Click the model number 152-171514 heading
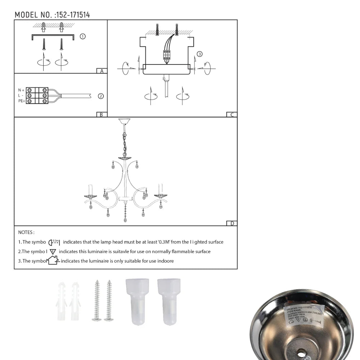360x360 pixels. coord(52,15)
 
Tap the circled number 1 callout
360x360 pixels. coord(82,36)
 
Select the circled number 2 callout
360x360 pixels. coord(101,96)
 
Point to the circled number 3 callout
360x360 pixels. coord(200,54)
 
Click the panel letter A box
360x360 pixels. coord(102,71)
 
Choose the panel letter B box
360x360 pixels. coord(102,115)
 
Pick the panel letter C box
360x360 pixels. coord(232,115)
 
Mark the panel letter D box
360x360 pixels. coord(232,224)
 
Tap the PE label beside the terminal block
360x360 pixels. coord(21,101)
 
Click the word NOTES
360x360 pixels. coord(26,233)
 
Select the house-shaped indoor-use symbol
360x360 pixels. coord(53,260)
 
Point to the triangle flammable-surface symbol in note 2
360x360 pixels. coord(53,251)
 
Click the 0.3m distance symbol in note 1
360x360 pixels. coord(54,242)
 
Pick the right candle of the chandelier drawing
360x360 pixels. coord(161,189)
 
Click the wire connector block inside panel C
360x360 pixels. coord(167,55)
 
